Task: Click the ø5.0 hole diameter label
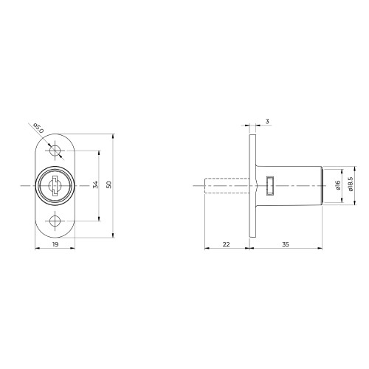pos(39,127)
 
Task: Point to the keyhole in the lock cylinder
pos(55,185)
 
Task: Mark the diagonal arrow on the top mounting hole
pos(50,142)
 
